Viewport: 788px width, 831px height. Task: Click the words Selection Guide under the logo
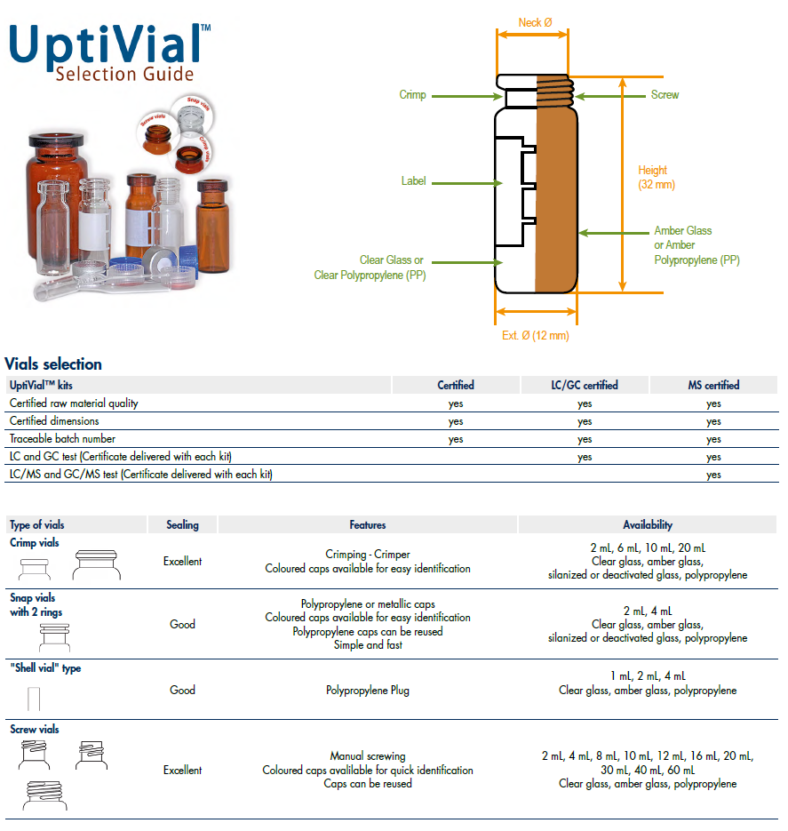[124, 74]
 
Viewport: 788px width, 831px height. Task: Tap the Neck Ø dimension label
[536, 21]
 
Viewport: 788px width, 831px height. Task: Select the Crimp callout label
[412, 95]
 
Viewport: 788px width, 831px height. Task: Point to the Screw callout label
[665, 95]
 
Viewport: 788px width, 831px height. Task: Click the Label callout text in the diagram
[413, 181]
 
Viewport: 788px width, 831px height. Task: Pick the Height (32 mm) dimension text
[656, 177]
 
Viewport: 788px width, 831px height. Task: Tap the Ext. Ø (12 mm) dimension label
[535, 336]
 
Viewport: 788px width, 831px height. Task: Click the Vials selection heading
[53, 364]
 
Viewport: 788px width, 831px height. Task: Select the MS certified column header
[713, 385]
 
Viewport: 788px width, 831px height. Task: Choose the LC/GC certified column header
[584, 385]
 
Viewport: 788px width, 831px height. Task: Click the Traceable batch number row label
[62, 438]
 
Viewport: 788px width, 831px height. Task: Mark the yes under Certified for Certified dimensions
[456, 421]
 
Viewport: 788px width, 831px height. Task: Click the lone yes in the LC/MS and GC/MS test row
[713, 475]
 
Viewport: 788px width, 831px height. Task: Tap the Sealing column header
[182, 525]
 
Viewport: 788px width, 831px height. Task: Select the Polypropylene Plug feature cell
[368, 690]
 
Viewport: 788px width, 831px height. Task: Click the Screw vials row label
[35, 730]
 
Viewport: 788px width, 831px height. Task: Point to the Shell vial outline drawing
[33, 698]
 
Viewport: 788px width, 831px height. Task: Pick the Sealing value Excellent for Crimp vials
[182, 562]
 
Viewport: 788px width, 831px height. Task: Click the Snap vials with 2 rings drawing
[53, 636]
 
